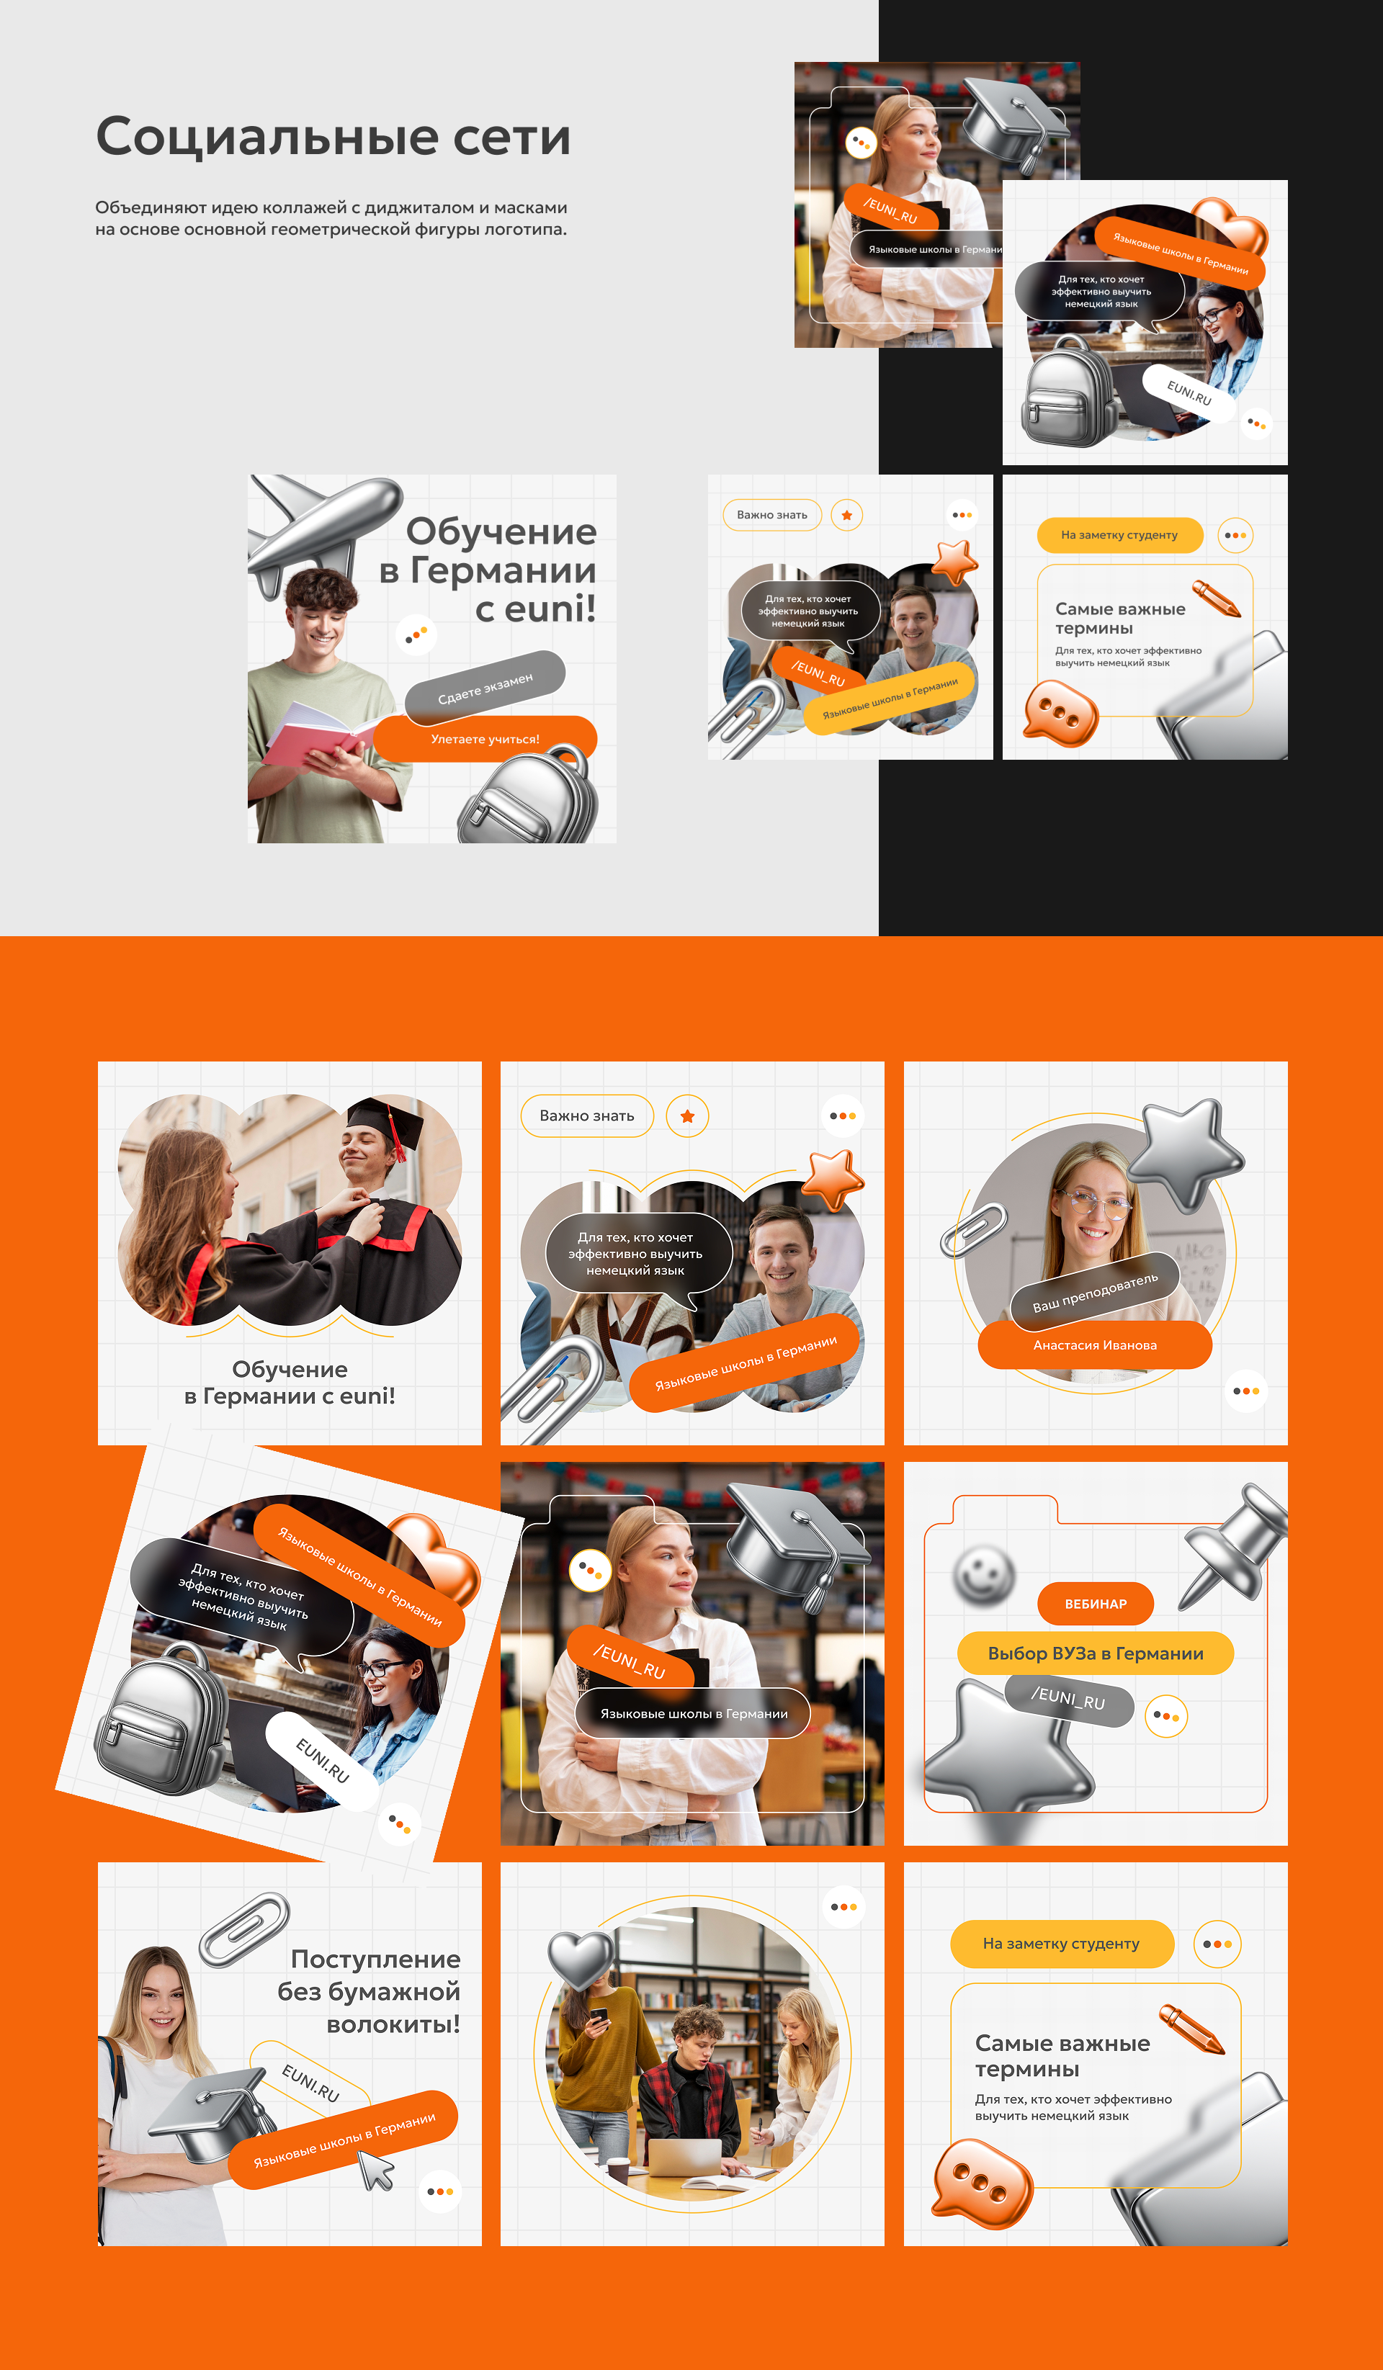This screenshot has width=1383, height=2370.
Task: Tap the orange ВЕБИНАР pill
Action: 1095,1604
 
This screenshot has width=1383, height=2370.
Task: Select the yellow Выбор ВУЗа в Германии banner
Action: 1095,1653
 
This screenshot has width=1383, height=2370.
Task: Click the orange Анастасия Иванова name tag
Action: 1095,1345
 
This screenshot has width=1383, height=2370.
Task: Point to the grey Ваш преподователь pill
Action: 1094,1293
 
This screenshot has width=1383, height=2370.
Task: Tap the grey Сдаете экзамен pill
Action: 485,688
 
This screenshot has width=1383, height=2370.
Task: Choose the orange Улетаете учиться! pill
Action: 485,739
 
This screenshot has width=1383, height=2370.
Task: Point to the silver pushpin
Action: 1233,1543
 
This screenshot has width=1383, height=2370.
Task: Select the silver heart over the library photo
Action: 581,1960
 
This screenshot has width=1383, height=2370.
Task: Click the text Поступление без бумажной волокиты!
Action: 369,1991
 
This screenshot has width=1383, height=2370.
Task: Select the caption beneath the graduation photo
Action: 290,1383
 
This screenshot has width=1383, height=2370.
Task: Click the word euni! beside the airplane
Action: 550,609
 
